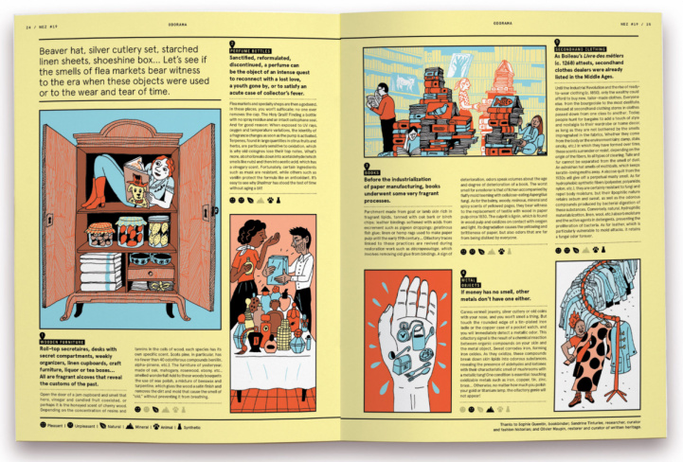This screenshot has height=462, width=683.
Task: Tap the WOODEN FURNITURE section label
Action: [63, 336]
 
